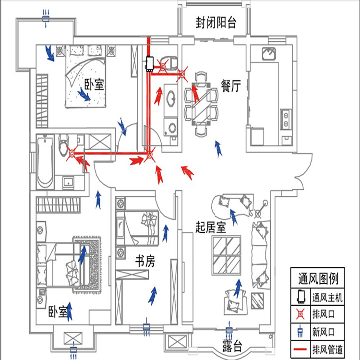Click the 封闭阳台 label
point(216,23)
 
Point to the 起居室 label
point(211,227)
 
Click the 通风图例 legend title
point(318,278)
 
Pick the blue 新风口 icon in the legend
point(301,331)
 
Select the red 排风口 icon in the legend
point(301,314)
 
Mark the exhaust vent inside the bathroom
point(72,154)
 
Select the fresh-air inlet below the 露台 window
point(229,331)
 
